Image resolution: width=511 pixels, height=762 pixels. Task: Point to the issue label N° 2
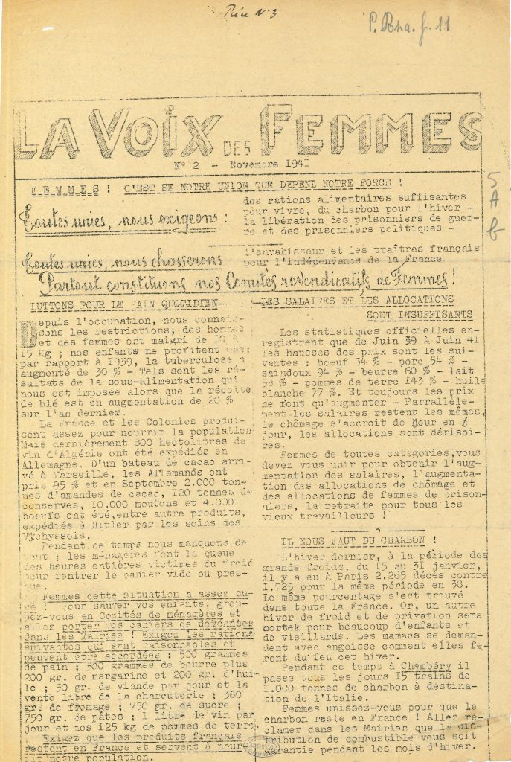click(x=183, y=161)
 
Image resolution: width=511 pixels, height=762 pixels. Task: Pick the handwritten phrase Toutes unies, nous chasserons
click(x=123, y=260)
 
